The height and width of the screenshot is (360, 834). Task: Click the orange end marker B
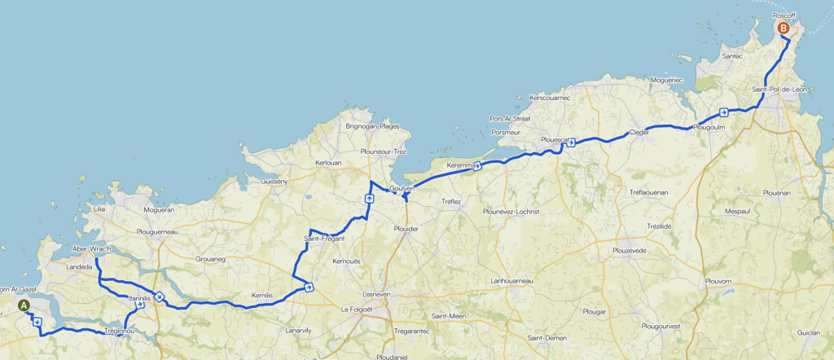[x=784, y=29]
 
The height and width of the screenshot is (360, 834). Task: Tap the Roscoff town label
[x=785, y=15]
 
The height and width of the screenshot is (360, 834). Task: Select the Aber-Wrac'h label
[x=91, y=248]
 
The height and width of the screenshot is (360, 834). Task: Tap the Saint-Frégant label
[x=324, y=238]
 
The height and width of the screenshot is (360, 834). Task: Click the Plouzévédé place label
[x=629, y=250]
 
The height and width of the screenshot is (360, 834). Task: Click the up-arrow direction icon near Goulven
[x=369, y=198]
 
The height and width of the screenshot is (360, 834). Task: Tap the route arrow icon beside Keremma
[x=477, y=165]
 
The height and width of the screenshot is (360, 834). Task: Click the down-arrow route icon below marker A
[x=37, y=321]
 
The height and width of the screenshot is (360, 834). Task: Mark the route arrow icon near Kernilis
[x=309, y=286]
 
